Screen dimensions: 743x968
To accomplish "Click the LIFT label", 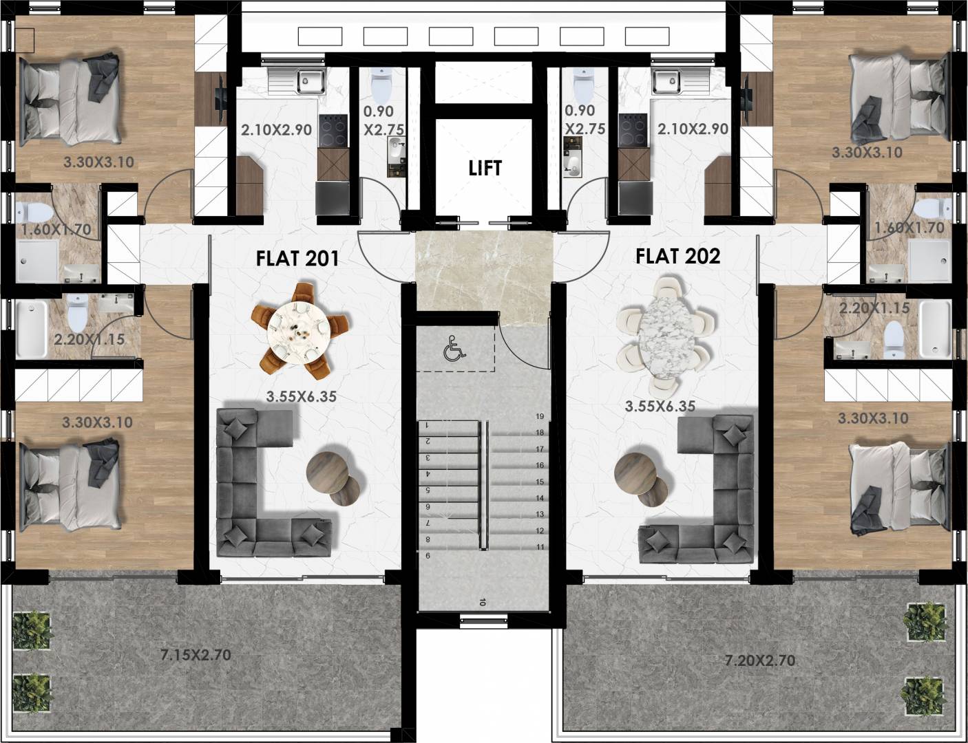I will point(485,168).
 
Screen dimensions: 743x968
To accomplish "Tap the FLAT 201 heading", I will point(297,259).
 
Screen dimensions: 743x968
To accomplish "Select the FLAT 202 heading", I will point(677,256).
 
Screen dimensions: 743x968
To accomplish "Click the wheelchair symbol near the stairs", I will point(454,349).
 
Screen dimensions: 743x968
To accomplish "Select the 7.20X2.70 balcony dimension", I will point(760,660).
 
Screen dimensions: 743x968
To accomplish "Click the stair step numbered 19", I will point(540,416).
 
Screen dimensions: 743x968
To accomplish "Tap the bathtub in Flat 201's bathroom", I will point(32,329).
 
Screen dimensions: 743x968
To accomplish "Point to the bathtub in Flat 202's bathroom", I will point(936,330).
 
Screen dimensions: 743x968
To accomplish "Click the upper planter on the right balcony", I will point(923,621).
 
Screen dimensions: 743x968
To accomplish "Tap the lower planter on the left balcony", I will point(32,692).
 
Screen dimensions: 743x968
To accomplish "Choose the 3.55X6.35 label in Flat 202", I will point(660,407).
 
